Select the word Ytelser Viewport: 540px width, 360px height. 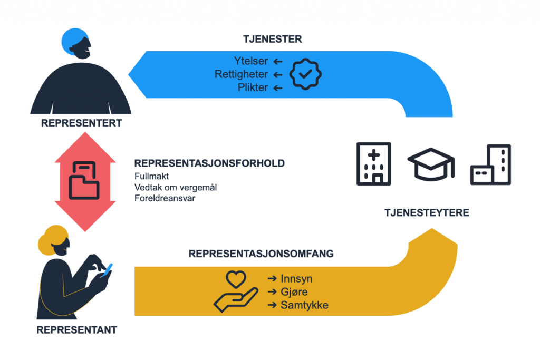click(x=252, y=61)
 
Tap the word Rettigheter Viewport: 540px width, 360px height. click(x=241, y=74)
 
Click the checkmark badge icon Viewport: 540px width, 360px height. click(x=305, y=74)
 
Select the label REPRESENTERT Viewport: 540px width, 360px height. click(x=82, y=123)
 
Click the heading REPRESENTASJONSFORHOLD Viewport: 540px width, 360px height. click(x=209, y=163)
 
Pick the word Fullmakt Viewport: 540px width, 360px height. click(x=151, y=176)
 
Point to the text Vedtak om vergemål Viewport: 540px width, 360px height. click(x=168, y=187)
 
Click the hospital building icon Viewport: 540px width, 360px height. click(x=374, y=163)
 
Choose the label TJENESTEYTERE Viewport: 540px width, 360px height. click(x=427, y=213)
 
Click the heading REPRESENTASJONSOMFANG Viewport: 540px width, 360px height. click(x=261, y=254)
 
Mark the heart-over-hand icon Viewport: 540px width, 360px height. click(x=235, y=291)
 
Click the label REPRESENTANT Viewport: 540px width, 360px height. click(x=77, y=330)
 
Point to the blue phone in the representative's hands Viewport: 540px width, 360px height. click(x=107, y=269)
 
